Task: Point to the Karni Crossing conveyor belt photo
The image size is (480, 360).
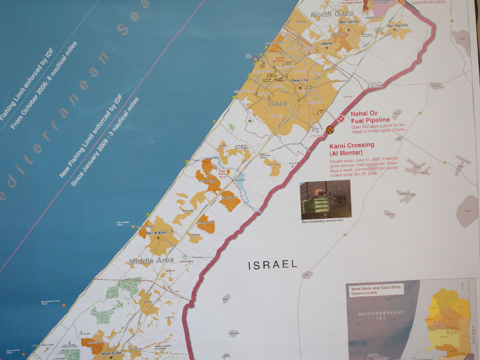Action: click(x=324, y=200)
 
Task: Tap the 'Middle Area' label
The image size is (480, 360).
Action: click(x=150, y=261)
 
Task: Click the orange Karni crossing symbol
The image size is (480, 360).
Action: click(x=330, y=129)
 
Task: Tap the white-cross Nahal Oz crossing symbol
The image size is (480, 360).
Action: click(x=341, y=119)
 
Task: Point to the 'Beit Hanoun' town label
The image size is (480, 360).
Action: click(x=397, y=26)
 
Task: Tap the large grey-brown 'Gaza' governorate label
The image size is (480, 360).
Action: click(x=278, y=103)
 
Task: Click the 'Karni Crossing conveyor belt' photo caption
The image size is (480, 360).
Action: click(x=324, y=222)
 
